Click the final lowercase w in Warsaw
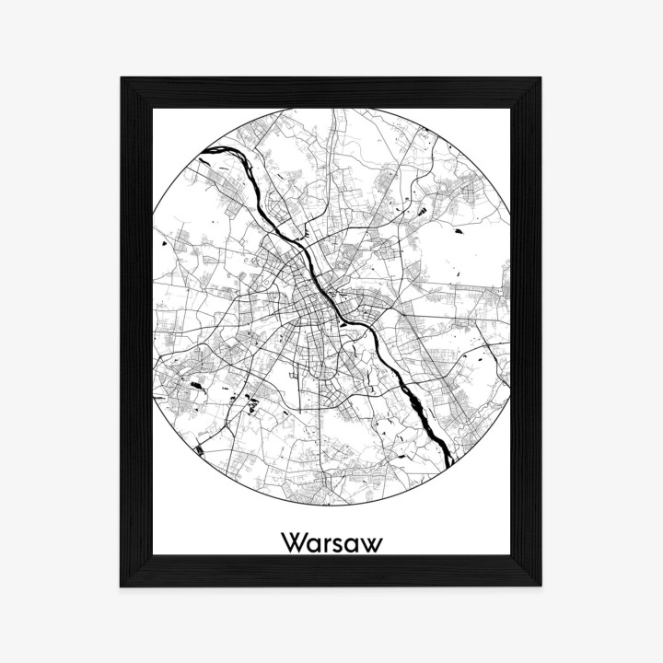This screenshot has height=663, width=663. click(371, 543)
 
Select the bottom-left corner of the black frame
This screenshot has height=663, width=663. click(122, 586)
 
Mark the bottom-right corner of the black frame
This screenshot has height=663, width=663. click(541, 586)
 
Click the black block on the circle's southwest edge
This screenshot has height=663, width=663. click(201, 450)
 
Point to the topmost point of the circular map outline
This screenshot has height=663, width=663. click(331, 108)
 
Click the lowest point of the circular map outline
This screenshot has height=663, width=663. click(331, 506)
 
